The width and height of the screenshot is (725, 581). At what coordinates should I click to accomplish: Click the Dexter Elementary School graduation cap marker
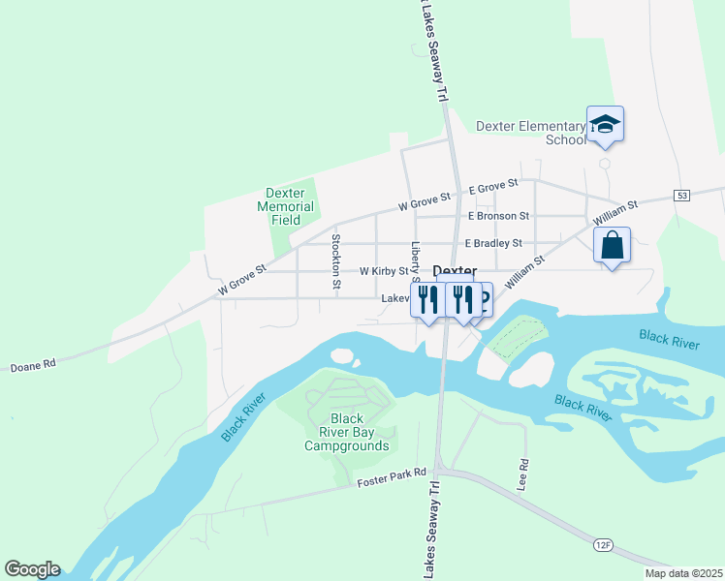click(605, 125)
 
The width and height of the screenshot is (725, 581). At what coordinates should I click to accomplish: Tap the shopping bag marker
click(612, 246)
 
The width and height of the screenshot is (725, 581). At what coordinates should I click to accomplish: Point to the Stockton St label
click(336, 261)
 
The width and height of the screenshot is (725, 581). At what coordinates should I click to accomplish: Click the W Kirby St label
click(384, 272)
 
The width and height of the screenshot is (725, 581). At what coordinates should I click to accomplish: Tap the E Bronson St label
click(498, 216)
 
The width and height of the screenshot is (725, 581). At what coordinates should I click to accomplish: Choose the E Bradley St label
click(493, 243)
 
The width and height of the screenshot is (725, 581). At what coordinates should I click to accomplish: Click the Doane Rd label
click(34, 366)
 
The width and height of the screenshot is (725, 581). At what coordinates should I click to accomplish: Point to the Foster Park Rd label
click(392, 476)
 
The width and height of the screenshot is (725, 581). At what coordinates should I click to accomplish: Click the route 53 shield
click(683, 196)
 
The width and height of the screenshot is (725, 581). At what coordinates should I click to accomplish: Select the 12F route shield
click(603, 545)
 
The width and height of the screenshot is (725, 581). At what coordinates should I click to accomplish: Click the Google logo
click(32, 569)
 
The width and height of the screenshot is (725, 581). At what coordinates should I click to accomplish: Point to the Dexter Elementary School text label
click(531, 133)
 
